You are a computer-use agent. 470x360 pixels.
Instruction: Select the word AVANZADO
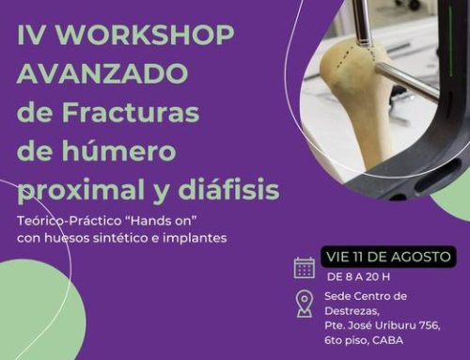102,74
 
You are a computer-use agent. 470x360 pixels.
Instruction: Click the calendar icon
305,267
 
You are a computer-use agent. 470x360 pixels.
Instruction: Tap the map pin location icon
305,304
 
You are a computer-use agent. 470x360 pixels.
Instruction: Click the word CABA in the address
389,340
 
